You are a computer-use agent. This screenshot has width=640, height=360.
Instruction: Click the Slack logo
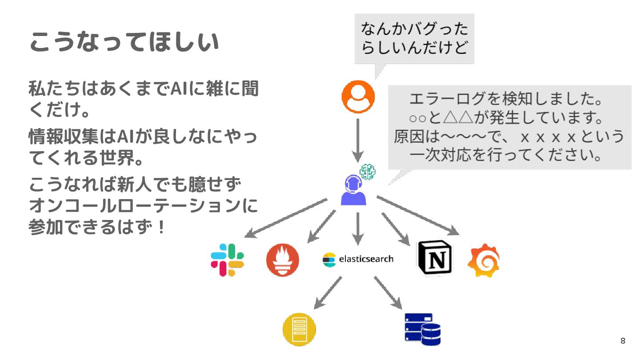(227, 260)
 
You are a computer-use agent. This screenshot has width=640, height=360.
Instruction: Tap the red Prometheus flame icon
(283, 260)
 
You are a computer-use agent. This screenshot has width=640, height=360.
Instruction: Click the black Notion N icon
(434, 258)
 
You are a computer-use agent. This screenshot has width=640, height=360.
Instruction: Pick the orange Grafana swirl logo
(484, 260)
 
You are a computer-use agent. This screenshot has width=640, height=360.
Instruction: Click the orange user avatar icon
(358, 96)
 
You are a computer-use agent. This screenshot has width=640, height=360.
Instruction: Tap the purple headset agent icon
(354, 190)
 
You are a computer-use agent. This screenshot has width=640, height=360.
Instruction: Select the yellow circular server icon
(299, 329)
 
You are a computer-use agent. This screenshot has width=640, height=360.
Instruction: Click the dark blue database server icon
(422, 329)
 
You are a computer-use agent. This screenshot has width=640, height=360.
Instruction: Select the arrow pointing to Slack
(286, 218)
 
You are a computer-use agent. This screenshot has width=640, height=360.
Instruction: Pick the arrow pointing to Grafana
(418, 215)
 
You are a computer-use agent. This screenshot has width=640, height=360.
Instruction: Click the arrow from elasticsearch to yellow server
(328, 292)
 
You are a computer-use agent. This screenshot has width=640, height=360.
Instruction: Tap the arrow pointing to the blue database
(388, 292)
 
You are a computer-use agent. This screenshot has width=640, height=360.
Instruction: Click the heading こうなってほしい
(124, 43)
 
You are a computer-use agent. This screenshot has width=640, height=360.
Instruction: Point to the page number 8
(623, 341)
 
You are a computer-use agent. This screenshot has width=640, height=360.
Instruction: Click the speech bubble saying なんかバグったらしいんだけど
(414, 39)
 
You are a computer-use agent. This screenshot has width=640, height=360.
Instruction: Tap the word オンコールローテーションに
(143, 206)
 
